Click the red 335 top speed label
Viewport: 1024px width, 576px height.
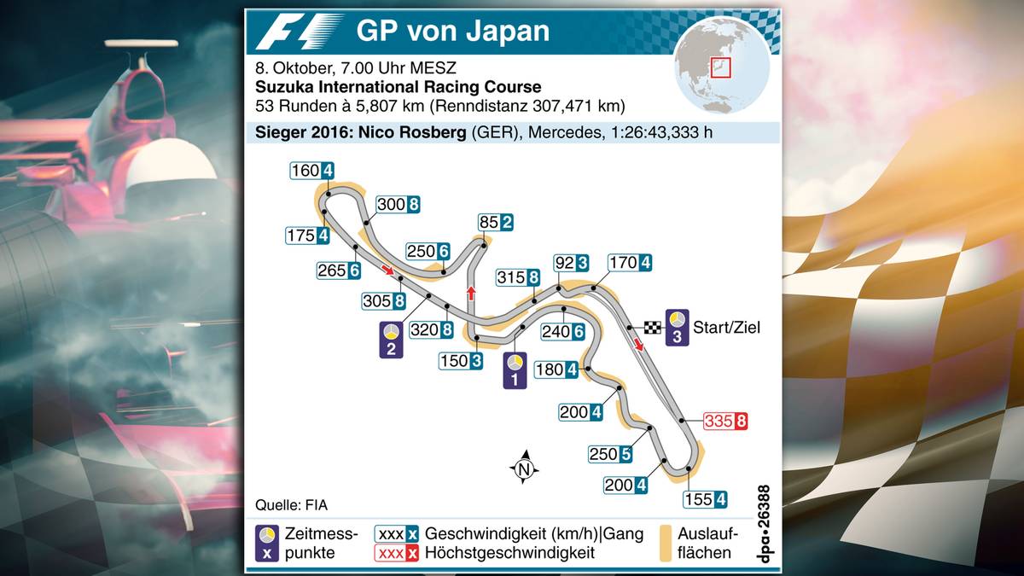725,421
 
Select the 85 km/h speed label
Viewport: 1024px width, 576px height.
495,223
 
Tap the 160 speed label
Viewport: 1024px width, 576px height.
311,170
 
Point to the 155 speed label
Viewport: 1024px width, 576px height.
705,500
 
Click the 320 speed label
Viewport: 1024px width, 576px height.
432,329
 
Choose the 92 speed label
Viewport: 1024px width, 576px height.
571,263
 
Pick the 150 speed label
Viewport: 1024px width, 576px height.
461,361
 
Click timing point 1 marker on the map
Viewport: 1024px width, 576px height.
514,370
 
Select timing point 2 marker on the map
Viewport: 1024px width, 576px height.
391,340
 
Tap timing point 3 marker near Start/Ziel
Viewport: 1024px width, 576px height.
677,327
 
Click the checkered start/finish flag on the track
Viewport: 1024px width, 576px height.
653,327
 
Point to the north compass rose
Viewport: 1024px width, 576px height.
524,467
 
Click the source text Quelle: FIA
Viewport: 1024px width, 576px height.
290,503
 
